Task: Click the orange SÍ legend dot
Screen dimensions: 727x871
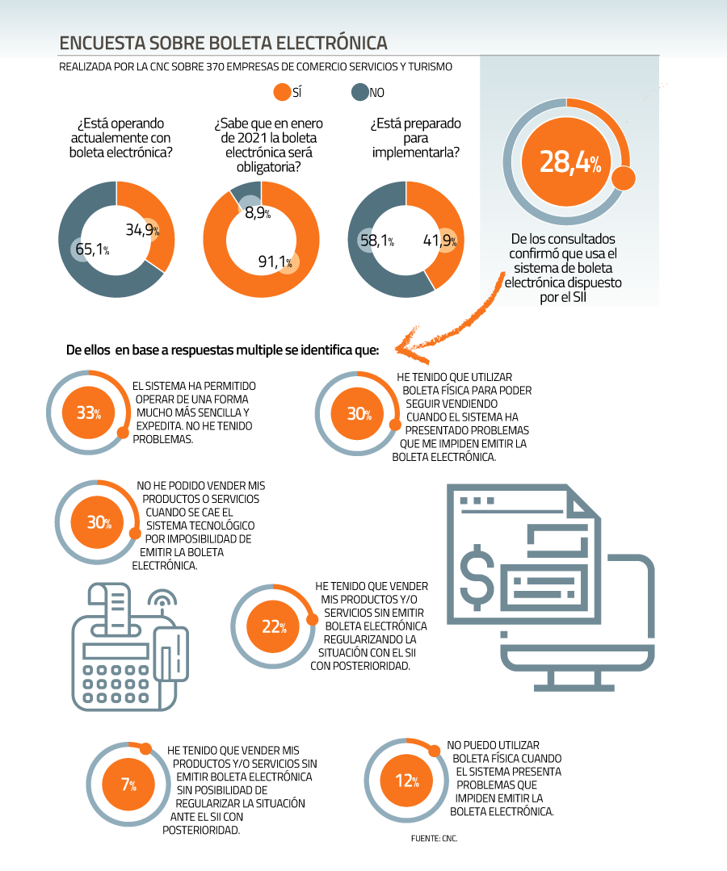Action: coord(283,92)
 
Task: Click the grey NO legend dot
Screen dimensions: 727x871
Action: coord(360,92)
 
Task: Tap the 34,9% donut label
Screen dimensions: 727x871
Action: coord(142,229)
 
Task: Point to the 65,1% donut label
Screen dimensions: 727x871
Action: coord(92,249)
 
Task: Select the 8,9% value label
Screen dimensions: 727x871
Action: coord(258,213)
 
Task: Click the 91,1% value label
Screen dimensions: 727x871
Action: coord(275,262)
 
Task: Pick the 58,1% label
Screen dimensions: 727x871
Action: coord(377,241)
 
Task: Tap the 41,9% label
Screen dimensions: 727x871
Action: coord(439,241)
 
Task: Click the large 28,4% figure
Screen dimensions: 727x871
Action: coord(570,162)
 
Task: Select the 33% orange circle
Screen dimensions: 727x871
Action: coord(89,412)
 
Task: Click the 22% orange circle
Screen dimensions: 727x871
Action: coord(274,626)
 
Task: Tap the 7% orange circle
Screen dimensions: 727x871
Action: coord(129,785)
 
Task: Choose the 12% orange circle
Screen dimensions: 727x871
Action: coord(407,781)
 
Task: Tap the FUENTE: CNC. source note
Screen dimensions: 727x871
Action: coord(434,838)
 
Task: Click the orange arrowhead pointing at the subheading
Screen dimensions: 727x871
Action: coord(409,346)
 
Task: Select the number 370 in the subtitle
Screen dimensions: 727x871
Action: coord(215,67)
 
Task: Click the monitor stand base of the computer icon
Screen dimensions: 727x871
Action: coord(574,687)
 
